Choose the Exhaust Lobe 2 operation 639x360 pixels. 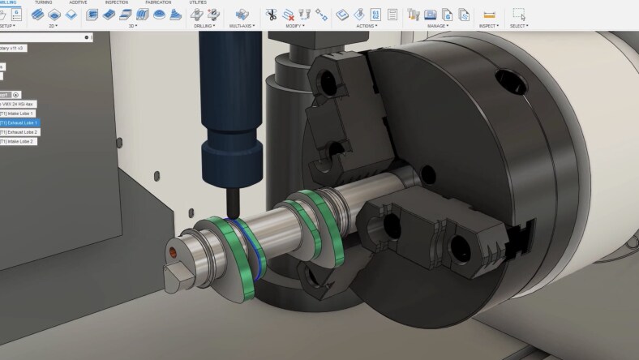20,132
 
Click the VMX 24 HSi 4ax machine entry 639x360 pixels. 19,104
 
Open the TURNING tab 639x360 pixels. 44,2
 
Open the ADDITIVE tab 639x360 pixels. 79,2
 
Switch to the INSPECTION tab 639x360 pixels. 116,2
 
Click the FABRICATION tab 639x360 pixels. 157,2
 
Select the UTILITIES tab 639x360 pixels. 197,2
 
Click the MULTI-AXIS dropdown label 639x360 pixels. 242,26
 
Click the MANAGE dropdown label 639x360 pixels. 438,26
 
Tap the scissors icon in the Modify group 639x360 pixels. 271,14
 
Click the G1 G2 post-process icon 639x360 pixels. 376,14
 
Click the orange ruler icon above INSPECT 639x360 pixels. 489,15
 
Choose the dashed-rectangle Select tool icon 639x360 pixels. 519,14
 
